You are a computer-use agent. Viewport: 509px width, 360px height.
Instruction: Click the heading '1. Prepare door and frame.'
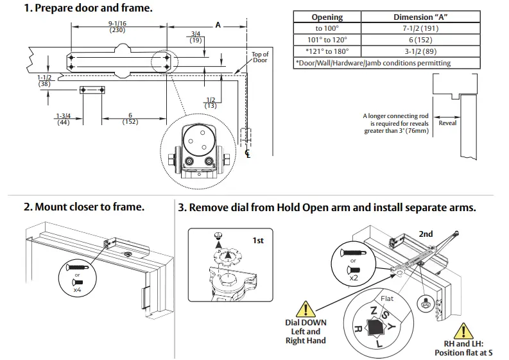tap(88, 8)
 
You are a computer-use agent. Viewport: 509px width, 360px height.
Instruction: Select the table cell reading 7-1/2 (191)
tap(420, 28)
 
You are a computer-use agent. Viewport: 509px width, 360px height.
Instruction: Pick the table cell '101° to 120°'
tap(327, 40)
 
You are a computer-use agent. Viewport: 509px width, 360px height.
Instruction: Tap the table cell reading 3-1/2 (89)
tap(420, 51)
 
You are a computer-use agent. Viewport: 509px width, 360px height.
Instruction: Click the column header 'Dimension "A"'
tap(420, 17)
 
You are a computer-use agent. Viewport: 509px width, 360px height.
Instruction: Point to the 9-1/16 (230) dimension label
tap(117, 26)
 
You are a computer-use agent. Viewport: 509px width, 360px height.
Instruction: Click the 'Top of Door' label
tap(260, 57)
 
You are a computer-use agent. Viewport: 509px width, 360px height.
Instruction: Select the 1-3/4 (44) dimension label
tap(64, 119)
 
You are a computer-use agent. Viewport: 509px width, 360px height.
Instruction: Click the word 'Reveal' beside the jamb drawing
tap(447, 123)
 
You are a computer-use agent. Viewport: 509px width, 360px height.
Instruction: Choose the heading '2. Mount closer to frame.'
tap(84, 207)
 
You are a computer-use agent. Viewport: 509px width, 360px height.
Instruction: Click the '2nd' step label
tap(426, 234)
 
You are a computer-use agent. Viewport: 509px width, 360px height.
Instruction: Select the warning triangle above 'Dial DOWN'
tap(306, 308)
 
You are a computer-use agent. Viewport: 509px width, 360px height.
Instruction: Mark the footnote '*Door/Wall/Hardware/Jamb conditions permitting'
tap(373, 63)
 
